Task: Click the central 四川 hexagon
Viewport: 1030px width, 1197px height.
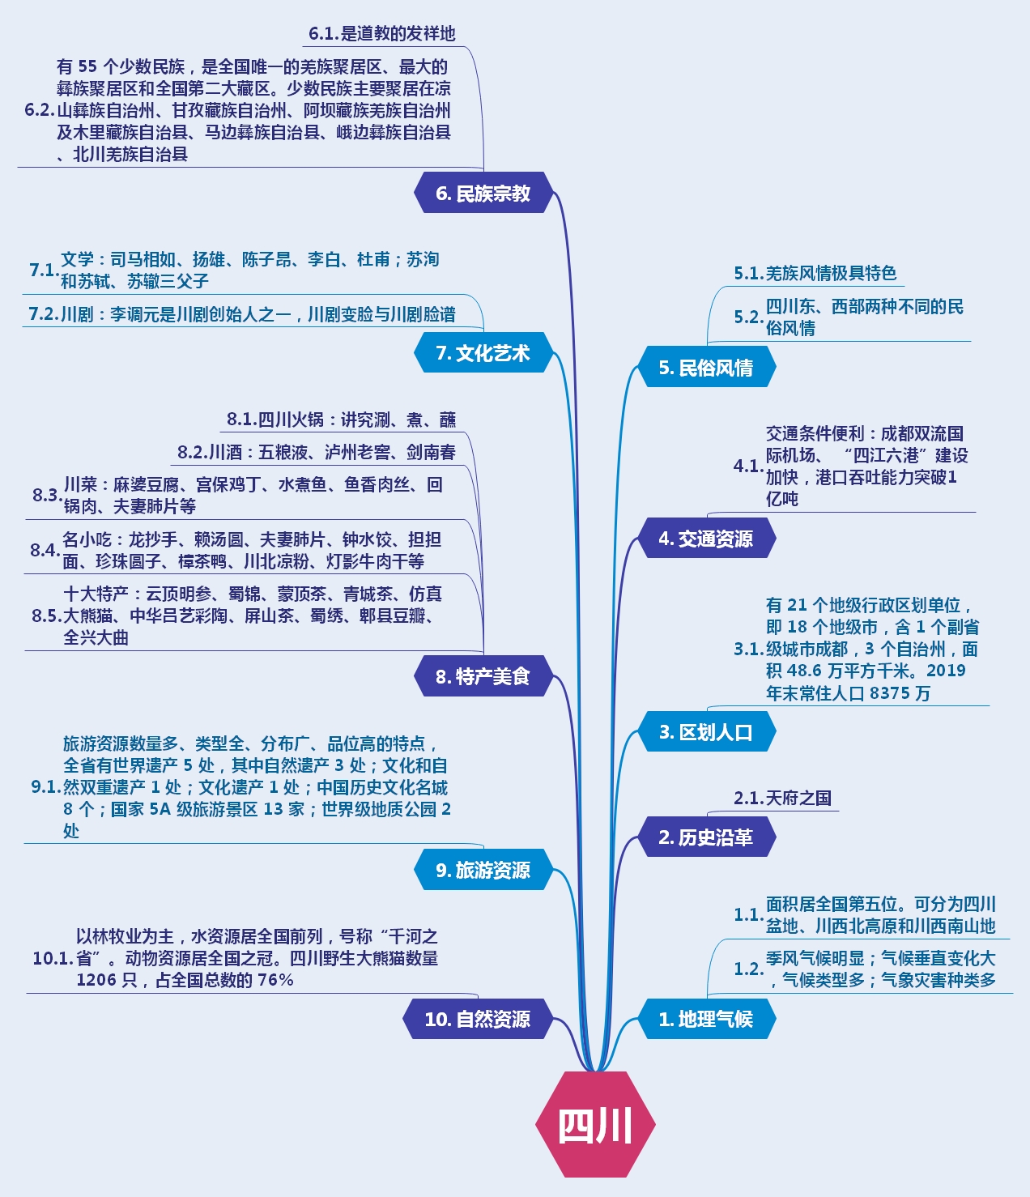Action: pos(595,1124)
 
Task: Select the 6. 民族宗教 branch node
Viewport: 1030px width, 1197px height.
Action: pos(483,194)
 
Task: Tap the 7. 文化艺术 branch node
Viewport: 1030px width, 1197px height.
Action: pos(483,353)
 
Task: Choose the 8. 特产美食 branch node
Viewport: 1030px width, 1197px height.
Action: pos(483,676)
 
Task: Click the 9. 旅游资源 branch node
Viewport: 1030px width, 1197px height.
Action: pos(483,870)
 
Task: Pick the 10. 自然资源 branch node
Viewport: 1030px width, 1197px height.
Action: pos(478,1019)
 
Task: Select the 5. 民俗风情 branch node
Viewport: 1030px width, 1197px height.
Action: pos(706,368)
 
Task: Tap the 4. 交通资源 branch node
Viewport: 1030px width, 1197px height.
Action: pos(706,539)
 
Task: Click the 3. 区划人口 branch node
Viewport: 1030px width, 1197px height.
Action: pos(706,732)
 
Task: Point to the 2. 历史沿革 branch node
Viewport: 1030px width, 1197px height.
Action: pos(706,837)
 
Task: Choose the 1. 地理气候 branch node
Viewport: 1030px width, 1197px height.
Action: pos(706,1019)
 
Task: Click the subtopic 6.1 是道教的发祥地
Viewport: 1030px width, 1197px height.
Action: pos(382,34)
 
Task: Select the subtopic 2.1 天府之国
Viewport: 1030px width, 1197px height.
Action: pos(783,799)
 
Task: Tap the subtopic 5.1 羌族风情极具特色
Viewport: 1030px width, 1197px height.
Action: pos(815,274)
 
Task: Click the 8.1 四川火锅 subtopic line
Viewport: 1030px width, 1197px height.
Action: pos(342,420)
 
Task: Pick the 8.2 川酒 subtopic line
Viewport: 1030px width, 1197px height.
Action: pos(317,452)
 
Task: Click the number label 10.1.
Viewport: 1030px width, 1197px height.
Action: pos(53,959)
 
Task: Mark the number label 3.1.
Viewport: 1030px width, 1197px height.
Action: pos(749,649)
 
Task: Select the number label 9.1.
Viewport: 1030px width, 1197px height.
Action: pos(46,787)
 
